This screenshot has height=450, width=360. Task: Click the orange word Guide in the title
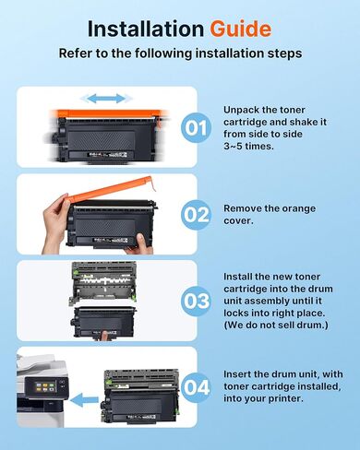point(241,28)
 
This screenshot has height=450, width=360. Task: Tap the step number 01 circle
point(197,128)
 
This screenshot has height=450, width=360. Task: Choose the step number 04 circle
point(197,388)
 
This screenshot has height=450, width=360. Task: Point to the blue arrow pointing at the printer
point(85,399)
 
